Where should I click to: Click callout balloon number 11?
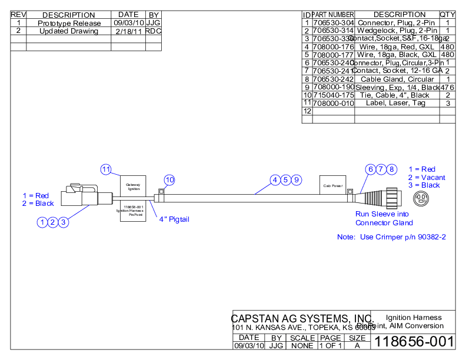pos(105,169)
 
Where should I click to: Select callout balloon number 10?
pos(169,179)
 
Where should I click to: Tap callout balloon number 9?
pos(297,179)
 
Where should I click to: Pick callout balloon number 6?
pos(370,169)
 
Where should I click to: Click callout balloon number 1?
pos(42,222)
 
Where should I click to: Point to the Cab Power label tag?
pos(332,186)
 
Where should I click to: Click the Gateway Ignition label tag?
pos(134,186)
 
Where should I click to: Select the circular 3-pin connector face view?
pos(421,198)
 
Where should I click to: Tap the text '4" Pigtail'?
pos(174,219)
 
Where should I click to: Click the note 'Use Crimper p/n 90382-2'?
pos(391,237)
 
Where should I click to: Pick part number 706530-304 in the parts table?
pos(333,22)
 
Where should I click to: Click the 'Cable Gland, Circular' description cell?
pos(397,79)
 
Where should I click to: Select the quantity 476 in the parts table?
pos(448,87)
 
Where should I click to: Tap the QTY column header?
pos(448,15)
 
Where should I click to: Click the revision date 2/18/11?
pos(128,31)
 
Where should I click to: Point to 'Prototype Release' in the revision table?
pos(69,23)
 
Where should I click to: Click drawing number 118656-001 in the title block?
pos(414,342)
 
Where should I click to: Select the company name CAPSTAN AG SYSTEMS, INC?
pos(302,318)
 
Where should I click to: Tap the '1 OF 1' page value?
pos(330,346)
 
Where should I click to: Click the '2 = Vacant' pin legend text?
pos(427,177)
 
